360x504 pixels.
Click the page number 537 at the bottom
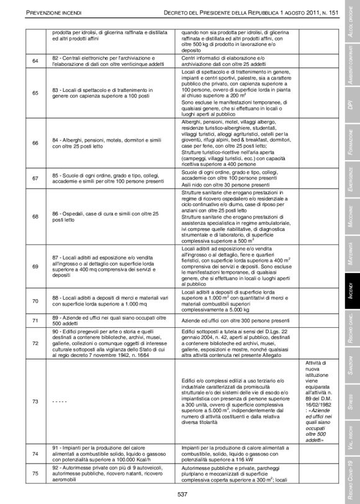[x=181, y=493]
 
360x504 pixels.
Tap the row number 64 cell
[x=35, y=60]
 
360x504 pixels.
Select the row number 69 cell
[x=35, y=266]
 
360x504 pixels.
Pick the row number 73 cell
[x=35, y=400]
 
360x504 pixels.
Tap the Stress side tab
[x=351, y=397]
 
